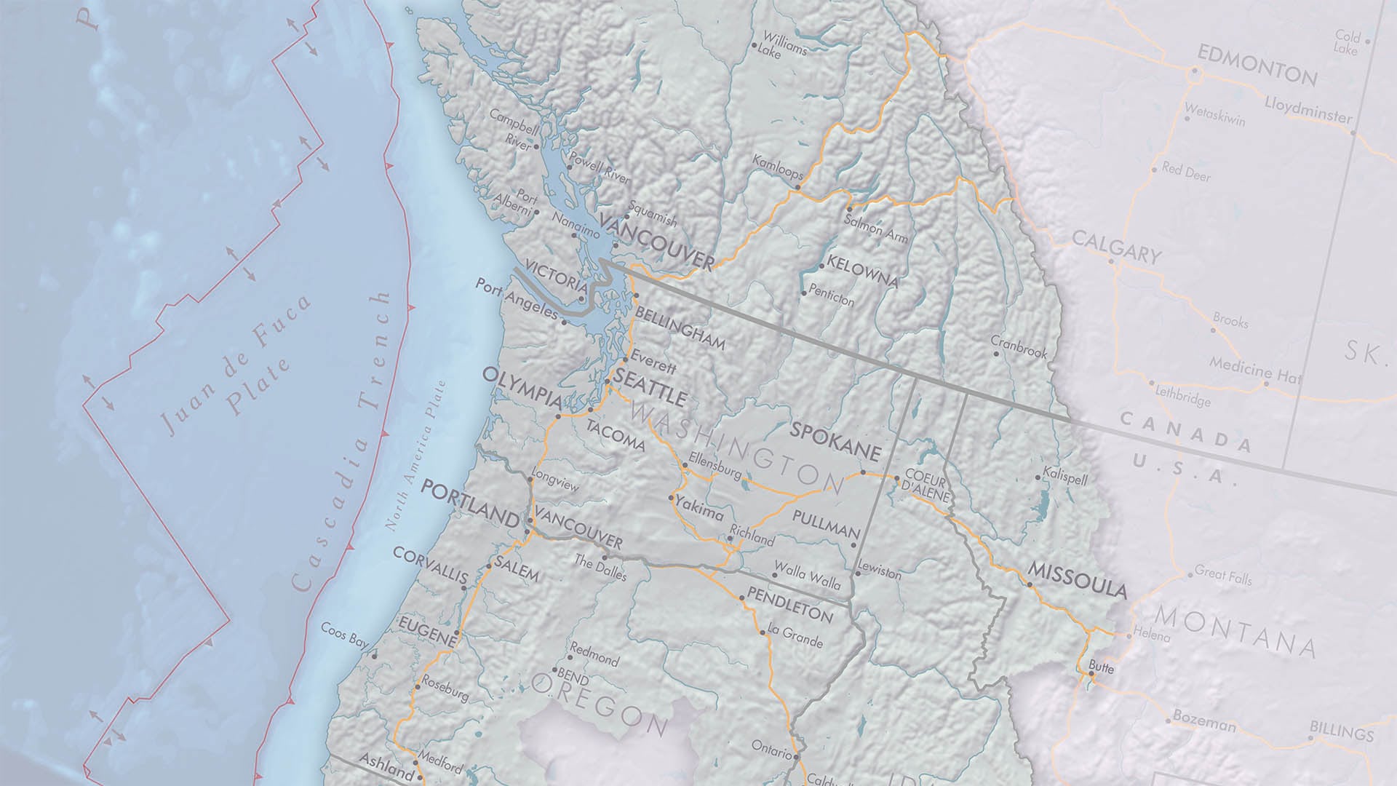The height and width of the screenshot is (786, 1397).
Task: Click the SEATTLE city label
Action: tap(650, 387)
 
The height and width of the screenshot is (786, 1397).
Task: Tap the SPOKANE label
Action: tap(835, 439)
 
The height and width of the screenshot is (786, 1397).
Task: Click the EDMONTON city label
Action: tap(1257, 65)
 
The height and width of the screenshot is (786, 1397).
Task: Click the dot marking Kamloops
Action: tap(797, 187)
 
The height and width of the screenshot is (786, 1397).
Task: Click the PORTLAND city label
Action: tap(470, 501)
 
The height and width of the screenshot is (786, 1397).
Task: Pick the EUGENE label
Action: tap(427, 631)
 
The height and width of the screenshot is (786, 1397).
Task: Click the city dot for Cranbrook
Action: tap(996, 354)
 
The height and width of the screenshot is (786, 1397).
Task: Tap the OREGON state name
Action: tap(599, 702)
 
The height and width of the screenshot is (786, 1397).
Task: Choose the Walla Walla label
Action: tap(808, 574)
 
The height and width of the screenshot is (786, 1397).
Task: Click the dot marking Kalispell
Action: tap(1038, 478)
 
